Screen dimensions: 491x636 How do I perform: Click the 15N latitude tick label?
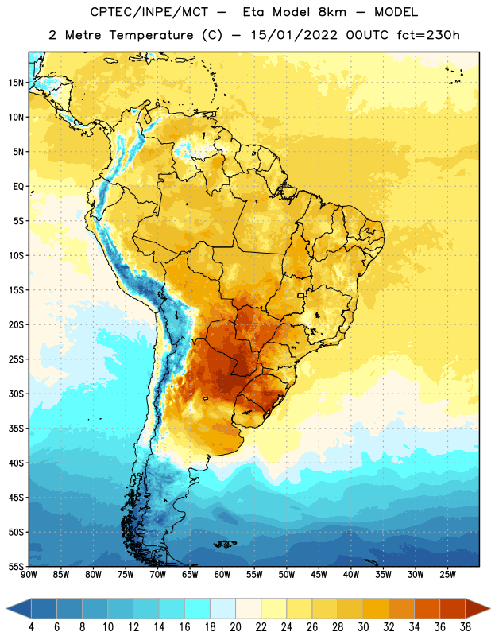[x=16, y=83]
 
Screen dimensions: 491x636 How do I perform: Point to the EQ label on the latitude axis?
[x=18, y=187]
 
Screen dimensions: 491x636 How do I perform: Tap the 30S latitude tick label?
[x=16, y=394]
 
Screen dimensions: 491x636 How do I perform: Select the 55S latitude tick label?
[x=16, y=567]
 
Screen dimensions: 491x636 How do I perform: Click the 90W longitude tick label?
[x=29, y=575]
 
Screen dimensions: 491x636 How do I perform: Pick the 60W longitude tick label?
[x=222, y=575]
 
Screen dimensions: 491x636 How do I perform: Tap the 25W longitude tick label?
[x=447, y=575]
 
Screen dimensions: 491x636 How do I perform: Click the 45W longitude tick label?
[x=319, y=575]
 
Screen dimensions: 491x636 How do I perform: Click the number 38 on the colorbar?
[x=466, y=627]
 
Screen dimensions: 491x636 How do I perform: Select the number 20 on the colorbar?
[x=235, y=627]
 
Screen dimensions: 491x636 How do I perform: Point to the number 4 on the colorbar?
[x=31, y=627]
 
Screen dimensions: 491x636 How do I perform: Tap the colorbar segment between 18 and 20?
[x=222, y=608]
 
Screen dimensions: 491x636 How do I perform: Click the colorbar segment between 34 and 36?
[x=427, y=608]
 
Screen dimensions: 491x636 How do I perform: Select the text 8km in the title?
[x=332, y=12]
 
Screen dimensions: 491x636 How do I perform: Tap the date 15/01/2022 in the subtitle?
[x=294, y=35]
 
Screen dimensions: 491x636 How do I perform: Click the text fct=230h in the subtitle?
[x=428, y=35]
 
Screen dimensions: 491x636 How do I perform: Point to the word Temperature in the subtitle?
[x=151, y=35]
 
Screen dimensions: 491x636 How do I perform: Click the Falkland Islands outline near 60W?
[x=226, y=544]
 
